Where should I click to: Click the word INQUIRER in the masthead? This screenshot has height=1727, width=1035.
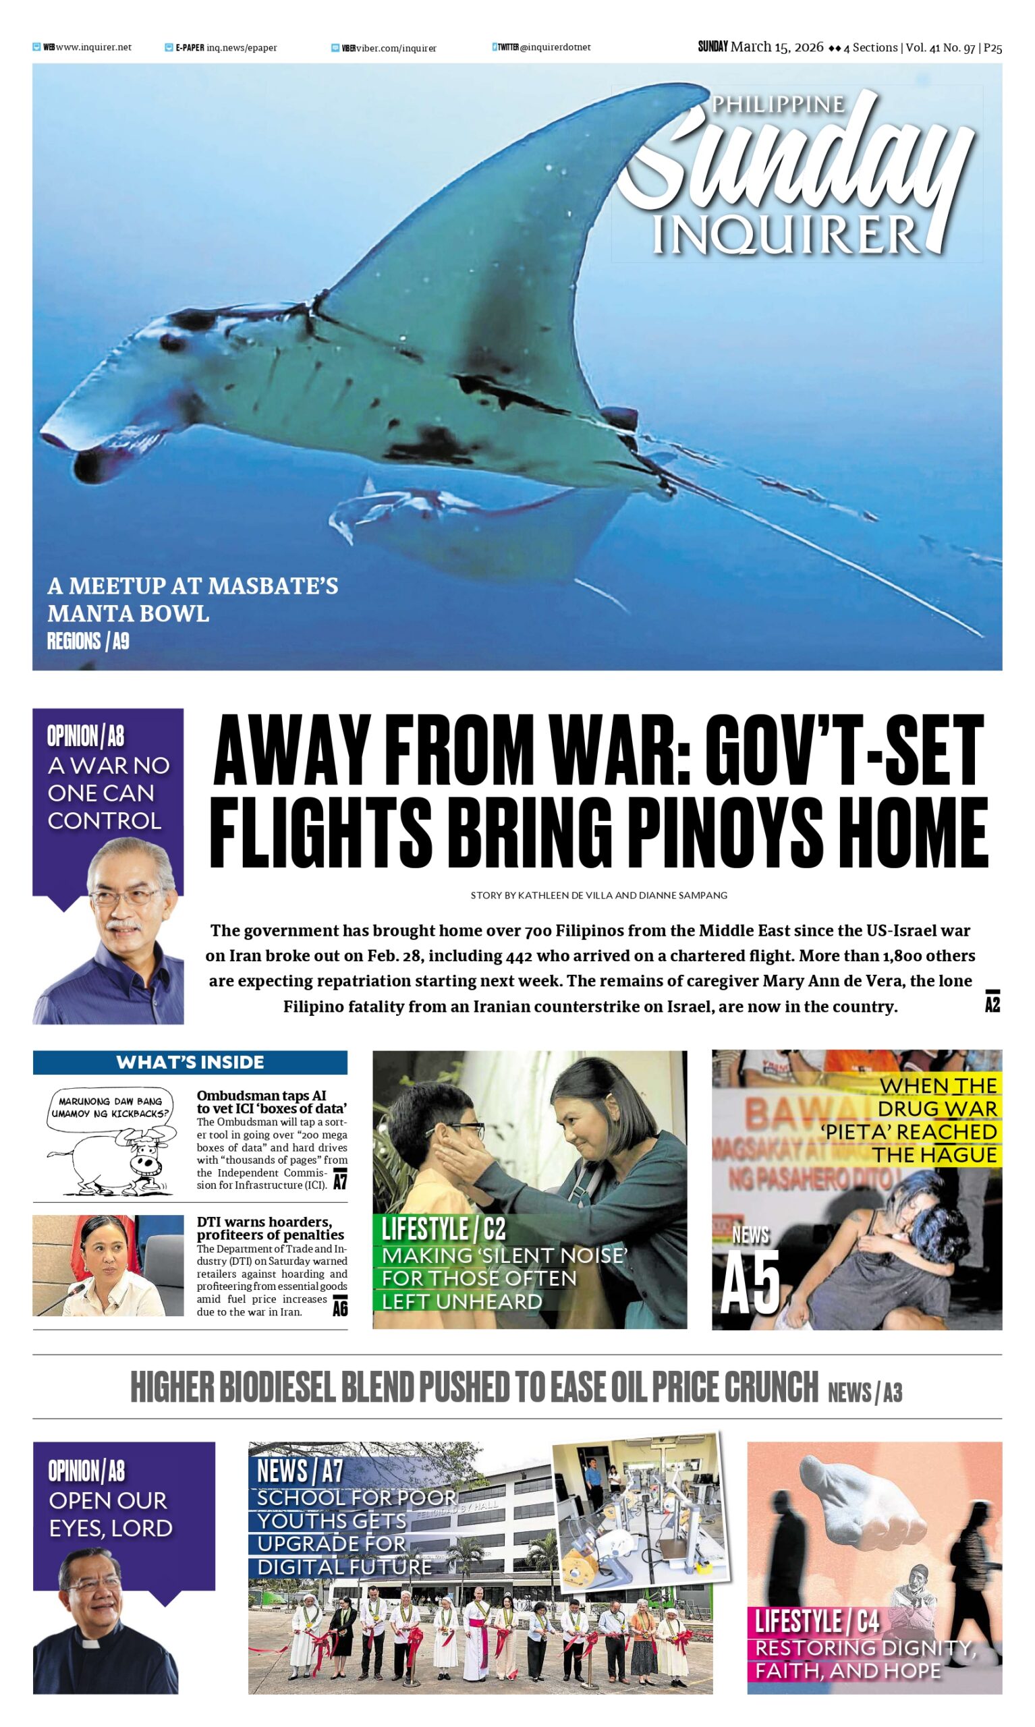787,234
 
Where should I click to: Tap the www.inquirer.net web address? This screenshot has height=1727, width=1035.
94,47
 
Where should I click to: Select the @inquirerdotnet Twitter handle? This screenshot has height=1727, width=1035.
555,47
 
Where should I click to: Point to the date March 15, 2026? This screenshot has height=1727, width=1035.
776,47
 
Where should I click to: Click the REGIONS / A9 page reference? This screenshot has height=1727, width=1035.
88,641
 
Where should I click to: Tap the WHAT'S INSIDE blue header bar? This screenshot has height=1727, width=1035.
190,1062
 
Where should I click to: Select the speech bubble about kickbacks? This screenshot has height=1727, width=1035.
110,1107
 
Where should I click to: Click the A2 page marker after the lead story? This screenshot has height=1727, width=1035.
992,1003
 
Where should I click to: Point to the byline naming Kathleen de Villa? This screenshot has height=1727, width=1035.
598,895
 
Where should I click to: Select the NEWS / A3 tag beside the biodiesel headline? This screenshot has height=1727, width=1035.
865,1392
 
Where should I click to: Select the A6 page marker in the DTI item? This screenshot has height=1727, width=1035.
339,1308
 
